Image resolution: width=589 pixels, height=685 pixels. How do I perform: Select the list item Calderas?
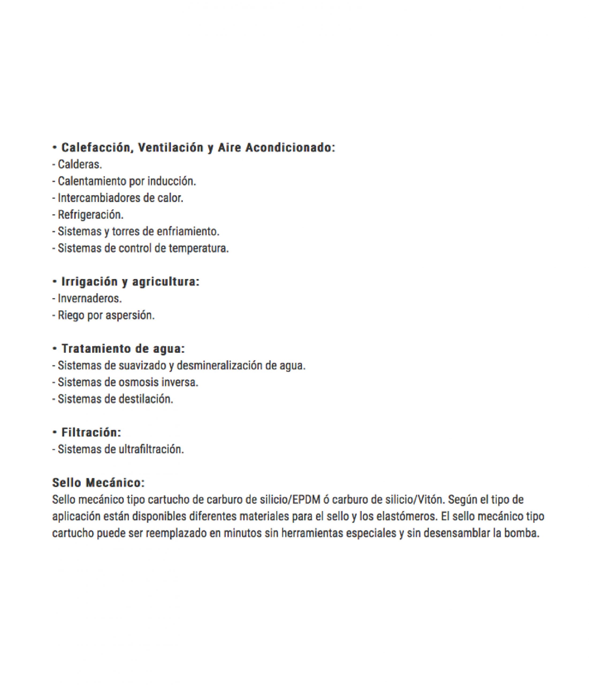[80, 164]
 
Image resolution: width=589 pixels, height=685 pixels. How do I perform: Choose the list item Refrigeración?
[91, 215]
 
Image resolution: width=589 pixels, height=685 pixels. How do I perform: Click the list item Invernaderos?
[90, 299]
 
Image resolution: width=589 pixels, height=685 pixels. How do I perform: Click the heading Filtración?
[91, 432]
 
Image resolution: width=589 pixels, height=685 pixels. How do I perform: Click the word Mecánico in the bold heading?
[115, 483]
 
